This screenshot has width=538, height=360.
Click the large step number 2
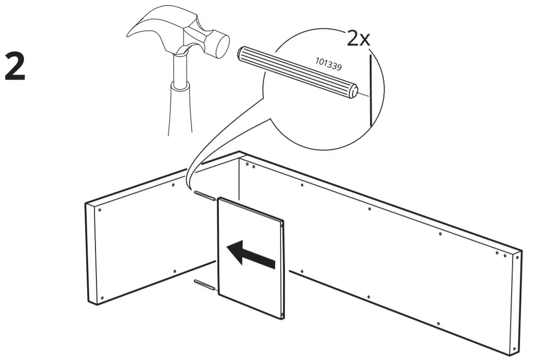coord(15,68)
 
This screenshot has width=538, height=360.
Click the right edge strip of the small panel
coord(283,269)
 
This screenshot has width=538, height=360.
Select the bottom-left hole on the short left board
coord(101,297)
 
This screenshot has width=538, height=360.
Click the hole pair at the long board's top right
coord(500,254)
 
